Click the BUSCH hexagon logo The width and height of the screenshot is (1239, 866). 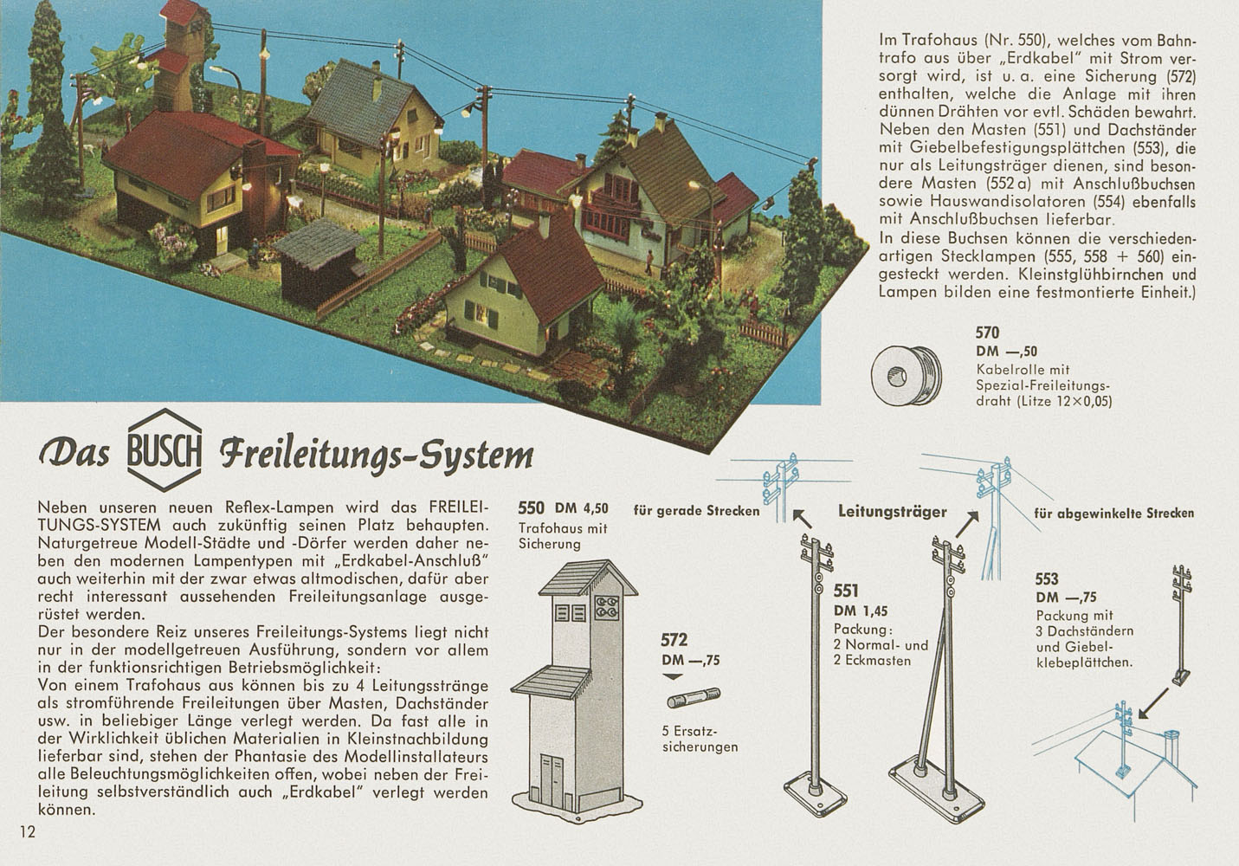165,449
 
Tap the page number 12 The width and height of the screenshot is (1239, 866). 28,831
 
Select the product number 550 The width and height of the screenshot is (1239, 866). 531,507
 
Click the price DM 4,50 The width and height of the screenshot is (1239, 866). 581,508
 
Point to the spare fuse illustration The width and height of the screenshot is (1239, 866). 694,698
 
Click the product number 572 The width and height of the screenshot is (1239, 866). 674,640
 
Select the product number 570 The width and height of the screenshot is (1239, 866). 987,333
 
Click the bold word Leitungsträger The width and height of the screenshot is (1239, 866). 892,511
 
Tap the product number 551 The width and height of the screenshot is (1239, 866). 846,591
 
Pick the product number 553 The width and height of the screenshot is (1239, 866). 1047,578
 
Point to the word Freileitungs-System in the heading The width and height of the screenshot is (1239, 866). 376,455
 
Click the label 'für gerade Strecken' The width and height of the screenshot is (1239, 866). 696,511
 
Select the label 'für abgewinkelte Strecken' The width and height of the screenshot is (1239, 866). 1114,513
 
